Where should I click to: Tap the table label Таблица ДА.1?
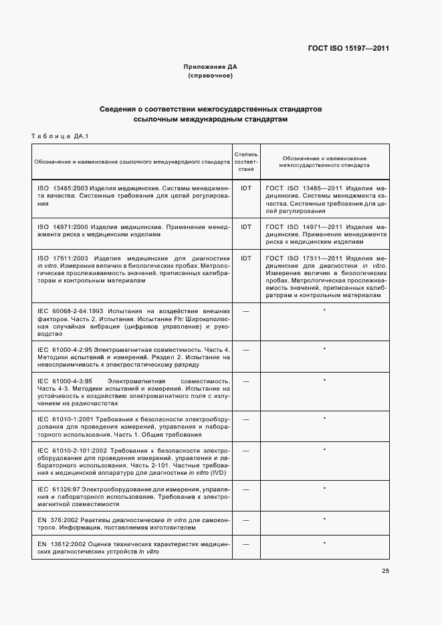click(x=60, y=136)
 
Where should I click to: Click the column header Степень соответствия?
click(x=245, y=161)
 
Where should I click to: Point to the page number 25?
click(x=385, y=570)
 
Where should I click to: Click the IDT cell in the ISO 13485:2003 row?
click(x=245, y=189)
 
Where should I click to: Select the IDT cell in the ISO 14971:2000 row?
click(x=245, y=227)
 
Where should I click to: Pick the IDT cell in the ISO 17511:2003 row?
click(x=245, y=258)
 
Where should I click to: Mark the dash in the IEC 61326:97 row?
click(x=245, y=489)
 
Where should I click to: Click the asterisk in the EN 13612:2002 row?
click(x=324, y=544)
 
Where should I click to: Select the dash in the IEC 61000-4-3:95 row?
click(x=245, y=381)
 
